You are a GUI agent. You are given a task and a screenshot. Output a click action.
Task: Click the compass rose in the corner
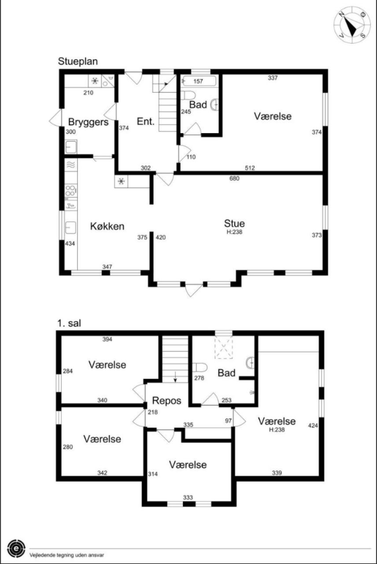(352, 25)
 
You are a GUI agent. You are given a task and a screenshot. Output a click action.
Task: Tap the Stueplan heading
(78, 61)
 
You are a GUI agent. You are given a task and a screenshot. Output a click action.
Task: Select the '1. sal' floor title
(69, 323)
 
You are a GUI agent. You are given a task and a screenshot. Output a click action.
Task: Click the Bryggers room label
(89, 122)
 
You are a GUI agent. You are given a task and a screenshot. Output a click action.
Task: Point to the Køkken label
(107, 226)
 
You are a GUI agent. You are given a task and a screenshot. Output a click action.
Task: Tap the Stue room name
(234, 223)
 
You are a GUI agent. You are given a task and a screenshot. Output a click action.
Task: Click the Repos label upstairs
(166, 401)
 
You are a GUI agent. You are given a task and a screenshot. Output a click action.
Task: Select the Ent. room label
(145, 121)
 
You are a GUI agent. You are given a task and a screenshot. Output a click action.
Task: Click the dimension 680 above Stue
(234, 178)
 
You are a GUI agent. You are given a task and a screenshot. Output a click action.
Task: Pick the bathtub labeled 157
(200, 81)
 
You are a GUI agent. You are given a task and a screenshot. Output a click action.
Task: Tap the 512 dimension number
(250, 168)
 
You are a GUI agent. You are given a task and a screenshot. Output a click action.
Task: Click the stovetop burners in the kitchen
(71, 191)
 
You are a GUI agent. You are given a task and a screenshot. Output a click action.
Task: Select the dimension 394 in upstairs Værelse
(107, 339)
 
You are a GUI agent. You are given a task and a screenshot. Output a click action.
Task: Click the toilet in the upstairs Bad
(200, 367)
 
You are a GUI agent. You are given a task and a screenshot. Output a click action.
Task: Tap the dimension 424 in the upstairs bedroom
(313, 426)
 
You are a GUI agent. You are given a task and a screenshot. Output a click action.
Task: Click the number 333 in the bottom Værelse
(188, 497)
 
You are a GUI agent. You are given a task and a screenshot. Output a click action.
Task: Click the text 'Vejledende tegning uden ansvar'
(67, 555)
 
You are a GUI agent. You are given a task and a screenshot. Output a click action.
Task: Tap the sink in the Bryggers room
(71, 147)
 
